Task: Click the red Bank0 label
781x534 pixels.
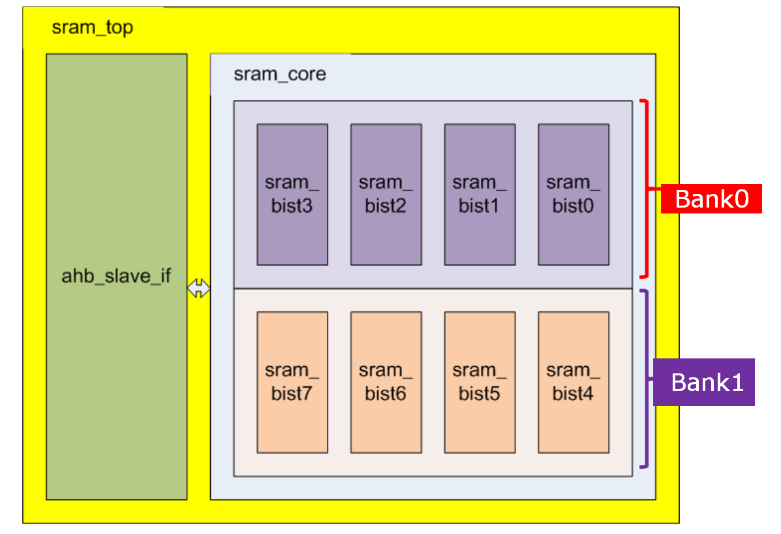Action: pos(711,198)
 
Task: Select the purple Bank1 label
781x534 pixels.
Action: pos(703,382)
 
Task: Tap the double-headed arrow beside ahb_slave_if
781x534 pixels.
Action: pos(198,289)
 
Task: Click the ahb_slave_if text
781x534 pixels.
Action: pos(116,276)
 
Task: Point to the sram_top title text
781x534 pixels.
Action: pos(92,28)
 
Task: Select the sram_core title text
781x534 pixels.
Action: pos(279,74)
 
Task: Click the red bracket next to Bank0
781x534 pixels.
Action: pos(646,189)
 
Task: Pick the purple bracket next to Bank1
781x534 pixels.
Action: pos(646,379)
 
